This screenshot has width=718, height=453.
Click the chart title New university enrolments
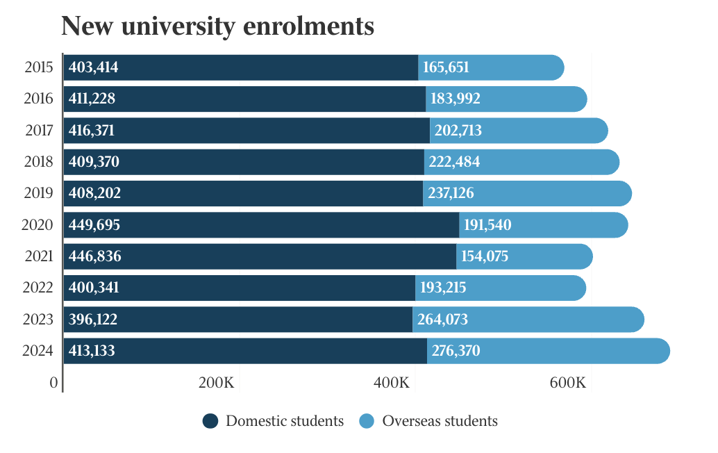coord(217,26)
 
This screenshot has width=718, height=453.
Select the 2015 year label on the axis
coord(39,67)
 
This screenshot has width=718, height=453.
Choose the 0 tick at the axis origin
coord(53,383)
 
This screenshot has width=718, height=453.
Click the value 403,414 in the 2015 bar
coord(94,67)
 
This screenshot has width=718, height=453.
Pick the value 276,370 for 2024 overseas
coord(456,351)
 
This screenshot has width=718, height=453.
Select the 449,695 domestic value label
coord(94,225)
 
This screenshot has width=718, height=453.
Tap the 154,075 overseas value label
coord(485,256)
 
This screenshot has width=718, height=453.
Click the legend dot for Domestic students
coord(210,421)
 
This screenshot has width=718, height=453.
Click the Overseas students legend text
coord(440,421)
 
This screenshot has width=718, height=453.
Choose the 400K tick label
coord(392,383)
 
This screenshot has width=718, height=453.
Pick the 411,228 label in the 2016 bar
coord(92,99)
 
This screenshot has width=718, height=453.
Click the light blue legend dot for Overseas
coord(367,421)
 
